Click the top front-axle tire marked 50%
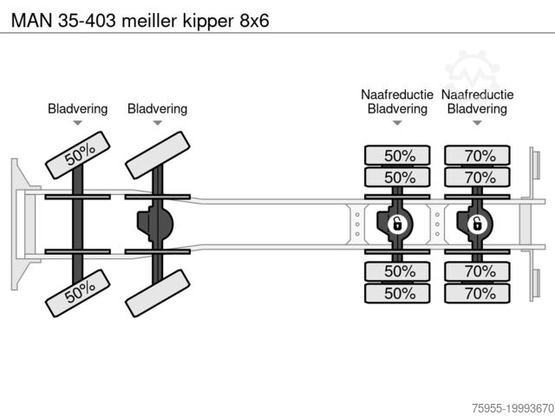[x=79, y=153]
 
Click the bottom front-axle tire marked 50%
[x=79, y=294]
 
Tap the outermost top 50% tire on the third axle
[x=399, y=156]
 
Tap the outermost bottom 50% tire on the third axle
[x=399, y=293]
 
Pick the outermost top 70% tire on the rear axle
[x=479, y=156]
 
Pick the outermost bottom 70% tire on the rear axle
[x=479, y=293]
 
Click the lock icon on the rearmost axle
[x=476, y=224]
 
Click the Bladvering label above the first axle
[x=78, y=108]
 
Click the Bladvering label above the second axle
[x=157, y=108]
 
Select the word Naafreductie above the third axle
[x=397, y=94]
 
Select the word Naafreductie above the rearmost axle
[x=477, y=94]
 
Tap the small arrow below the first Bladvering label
[x=78, y=124]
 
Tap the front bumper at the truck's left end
[x=17, y=224]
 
